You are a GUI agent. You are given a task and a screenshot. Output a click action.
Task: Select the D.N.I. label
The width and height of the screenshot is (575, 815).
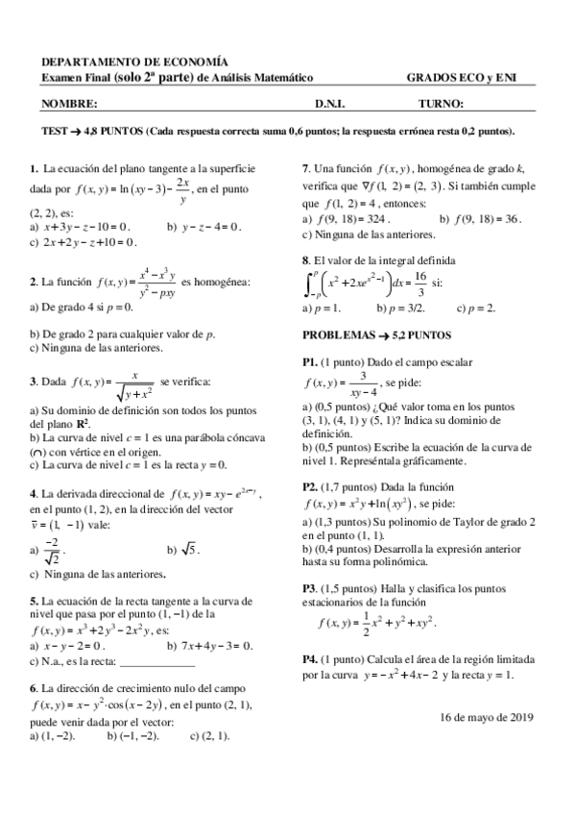[329, 103]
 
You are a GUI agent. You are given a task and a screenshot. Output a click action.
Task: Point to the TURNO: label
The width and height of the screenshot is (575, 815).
[442, 103]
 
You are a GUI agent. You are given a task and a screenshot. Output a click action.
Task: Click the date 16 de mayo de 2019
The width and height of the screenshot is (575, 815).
[486, 717]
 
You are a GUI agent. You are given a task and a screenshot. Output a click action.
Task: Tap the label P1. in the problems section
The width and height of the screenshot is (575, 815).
[310, 361]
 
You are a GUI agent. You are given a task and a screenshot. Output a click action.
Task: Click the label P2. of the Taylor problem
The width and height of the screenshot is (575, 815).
[310, 486]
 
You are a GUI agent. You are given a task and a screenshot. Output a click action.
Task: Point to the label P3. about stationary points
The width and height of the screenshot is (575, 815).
[310, 587]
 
